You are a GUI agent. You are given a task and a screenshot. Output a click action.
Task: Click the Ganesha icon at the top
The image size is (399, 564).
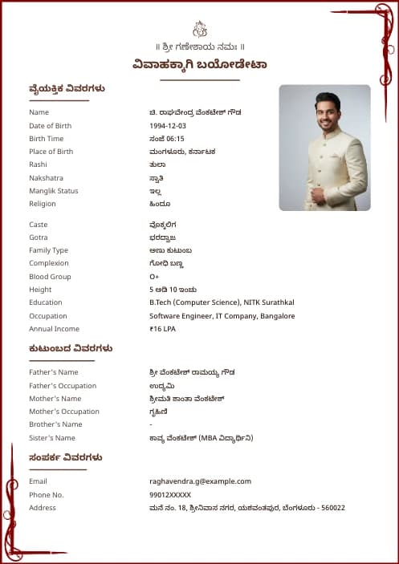[x=200, y=30]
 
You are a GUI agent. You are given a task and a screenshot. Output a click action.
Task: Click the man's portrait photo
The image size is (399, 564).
[x=324, y=148]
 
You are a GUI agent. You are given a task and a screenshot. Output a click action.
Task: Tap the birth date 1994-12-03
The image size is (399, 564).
[x=168, y=126]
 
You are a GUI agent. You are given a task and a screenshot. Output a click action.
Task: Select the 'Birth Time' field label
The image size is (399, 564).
[x=46, y=139]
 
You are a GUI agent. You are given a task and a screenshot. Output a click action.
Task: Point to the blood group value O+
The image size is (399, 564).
[x=154, y=277]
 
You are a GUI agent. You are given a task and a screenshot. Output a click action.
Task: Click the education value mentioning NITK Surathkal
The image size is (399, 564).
[x=222, y=302]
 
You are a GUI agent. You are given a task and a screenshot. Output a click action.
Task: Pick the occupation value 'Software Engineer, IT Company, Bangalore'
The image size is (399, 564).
[x=222, y=316]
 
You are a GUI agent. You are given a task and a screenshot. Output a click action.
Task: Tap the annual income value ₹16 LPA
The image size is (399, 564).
[x=162, y=329]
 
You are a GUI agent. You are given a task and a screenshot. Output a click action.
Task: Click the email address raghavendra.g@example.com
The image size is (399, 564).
[x=200, y=481]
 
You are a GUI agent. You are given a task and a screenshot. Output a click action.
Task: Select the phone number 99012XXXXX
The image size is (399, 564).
[x=170, y=495]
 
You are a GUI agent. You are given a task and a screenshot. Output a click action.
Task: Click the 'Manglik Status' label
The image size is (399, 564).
[x=54, y=191]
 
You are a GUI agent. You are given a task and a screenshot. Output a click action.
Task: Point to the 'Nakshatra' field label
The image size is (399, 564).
[x=46, y=178]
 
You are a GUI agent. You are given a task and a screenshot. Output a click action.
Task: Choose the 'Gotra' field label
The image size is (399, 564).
[x=39, y=237]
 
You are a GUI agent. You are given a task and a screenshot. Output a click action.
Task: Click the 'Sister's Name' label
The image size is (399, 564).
[x=52, y=438]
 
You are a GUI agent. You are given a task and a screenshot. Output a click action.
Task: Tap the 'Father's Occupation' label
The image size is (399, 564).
[x=63, y=386]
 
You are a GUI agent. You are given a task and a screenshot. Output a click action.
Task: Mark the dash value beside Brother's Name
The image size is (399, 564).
[x=151, y=424]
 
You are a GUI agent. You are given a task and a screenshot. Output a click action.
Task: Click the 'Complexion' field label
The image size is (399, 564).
[x=49, y=263]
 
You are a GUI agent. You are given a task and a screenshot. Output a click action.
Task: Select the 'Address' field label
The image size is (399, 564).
[x=43, y=508]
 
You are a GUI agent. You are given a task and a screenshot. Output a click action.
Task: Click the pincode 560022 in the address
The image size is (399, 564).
[x=332, y=508]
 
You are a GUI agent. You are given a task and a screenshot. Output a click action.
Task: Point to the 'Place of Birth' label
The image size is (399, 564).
[x=51, y=152]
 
